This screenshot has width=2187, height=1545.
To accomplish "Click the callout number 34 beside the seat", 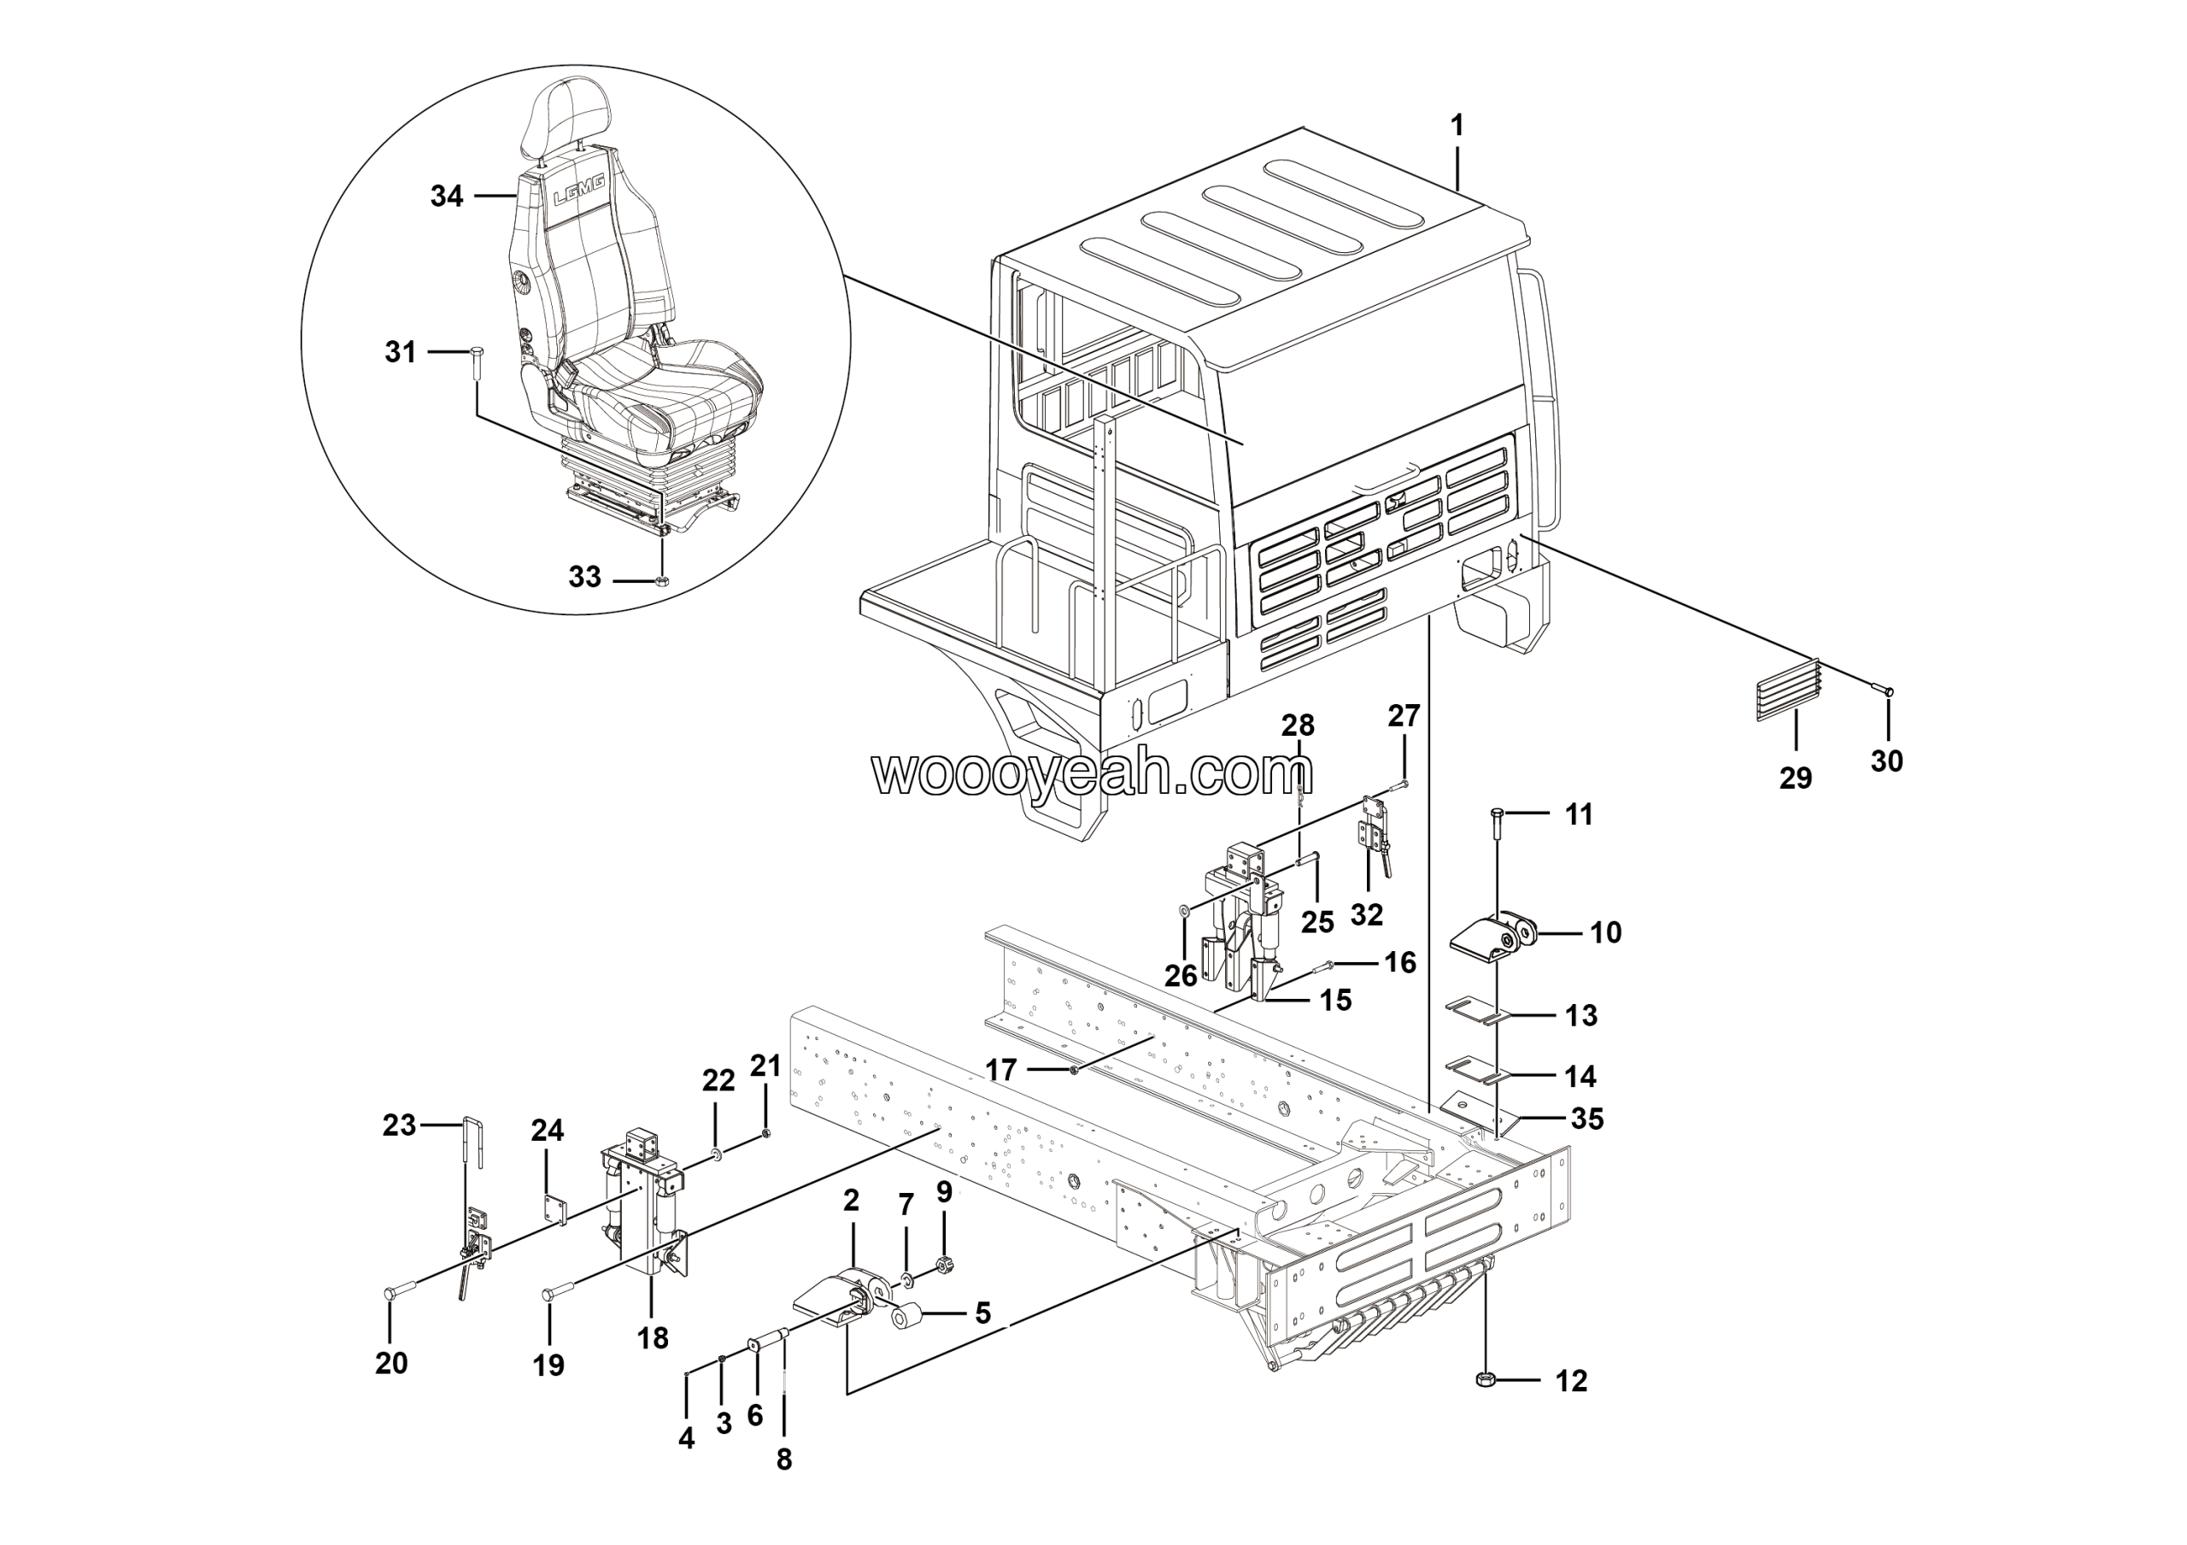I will click(x=447, y=197).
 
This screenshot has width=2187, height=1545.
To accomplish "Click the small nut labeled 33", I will click(x=664, y=580).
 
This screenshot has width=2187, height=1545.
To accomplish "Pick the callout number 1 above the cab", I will click(x=1457, y=125).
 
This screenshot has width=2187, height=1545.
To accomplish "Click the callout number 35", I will click(x=1587, y=1119).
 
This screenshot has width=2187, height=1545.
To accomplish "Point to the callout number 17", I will click(x=1000, y=1071).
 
